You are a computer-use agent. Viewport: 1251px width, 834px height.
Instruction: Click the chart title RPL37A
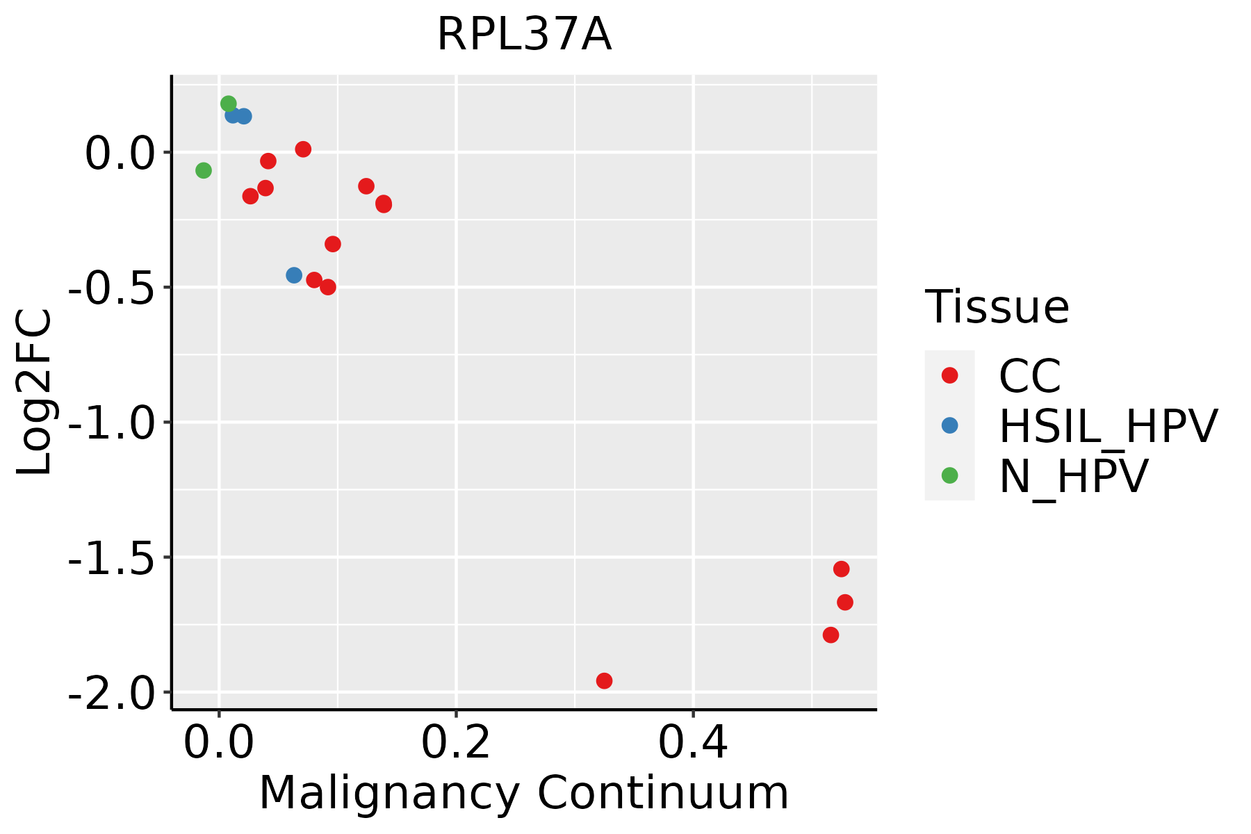(x=524, y=35)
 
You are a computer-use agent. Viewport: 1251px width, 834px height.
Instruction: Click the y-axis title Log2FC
(x=35, y=392)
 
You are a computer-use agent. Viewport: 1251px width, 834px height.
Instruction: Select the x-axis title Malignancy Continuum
(x=524, y=794)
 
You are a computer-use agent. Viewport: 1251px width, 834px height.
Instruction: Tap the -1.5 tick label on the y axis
(x=113, y=558)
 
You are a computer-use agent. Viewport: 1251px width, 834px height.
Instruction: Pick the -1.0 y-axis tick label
(x=113, y=423)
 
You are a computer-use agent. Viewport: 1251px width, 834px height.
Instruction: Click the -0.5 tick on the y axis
(x=113, y=288)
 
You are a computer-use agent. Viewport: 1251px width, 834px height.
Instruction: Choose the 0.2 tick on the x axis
(x=456, y=743)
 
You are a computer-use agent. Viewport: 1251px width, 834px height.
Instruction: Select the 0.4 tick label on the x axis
(x=693, y=743)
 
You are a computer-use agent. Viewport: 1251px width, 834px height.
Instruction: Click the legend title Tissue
(x=997, y=306)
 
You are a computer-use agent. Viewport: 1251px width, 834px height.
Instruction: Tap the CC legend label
(x=1030, y=376)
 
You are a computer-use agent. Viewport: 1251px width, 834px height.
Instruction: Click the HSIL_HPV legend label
(x=1108, y=426)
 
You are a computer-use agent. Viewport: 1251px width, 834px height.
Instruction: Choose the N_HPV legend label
(x=1073, y=476)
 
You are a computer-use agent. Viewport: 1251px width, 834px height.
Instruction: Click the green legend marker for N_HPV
(x=949, y=475)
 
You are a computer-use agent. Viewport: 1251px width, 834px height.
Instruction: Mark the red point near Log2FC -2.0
(x=604, y=680)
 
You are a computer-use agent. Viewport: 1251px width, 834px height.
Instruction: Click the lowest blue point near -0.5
(x=294, y=275)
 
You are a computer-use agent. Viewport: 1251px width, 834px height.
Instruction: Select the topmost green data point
(x=228, y=104)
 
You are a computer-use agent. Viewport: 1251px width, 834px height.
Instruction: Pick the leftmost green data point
(x=203, y=170)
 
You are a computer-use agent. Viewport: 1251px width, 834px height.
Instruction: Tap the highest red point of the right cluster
(x=841, y=569)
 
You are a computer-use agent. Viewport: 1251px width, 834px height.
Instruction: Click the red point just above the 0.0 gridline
(x=303, y=149)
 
